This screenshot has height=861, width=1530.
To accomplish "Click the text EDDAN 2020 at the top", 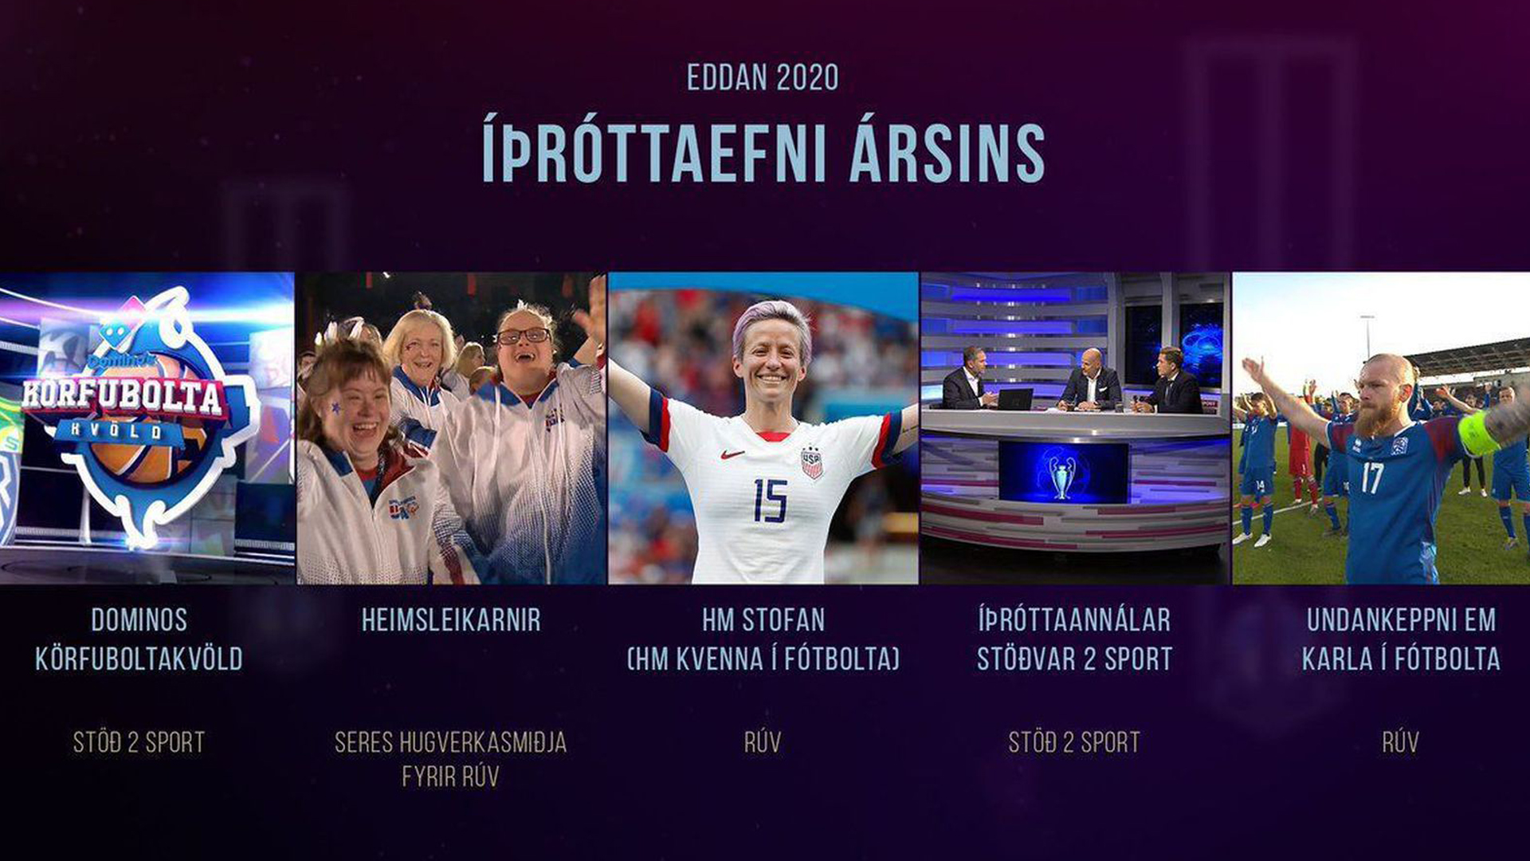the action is pos(763,77).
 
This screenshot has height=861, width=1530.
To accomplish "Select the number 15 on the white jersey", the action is pos(770,501).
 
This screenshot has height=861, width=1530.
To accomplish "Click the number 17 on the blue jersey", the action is pos(1372,478).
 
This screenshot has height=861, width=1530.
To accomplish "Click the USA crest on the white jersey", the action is pos(811,462).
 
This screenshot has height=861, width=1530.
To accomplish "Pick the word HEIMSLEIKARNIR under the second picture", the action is pos(451,619).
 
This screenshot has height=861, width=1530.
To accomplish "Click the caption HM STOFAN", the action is pos(763,619).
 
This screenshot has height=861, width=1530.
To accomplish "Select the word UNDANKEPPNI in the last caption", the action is pos(1401,619).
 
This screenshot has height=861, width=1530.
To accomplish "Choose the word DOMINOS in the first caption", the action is pos(139,619).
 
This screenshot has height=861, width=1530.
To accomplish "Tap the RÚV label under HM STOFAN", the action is pos(763,742).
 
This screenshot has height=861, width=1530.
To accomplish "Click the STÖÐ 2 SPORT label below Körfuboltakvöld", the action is pos(139,742).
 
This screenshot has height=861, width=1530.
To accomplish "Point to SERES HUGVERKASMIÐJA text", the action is pos(451,742).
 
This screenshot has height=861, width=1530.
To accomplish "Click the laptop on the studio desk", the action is pos(1014,399).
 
